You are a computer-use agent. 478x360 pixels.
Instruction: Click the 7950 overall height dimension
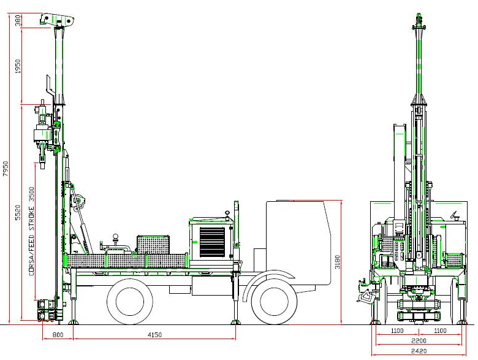pos(6,169)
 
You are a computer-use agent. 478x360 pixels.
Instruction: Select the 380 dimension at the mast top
pos(18,20)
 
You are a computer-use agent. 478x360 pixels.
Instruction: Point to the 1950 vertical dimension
pos(18,66)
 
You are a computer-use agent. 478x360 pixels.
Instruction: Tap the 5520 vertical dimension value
pos(18,212)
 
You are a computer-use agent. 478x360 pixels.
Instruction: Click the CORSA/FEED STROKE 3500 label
pos(31,232)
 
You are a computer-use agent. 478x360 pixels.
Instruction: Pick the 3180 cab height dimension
pos(337,262)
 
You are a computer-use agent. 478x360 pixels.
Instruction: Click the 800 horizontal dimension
pos(58,335)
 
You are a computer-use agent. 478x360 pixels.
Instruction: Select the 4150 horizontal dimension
pos(154,335)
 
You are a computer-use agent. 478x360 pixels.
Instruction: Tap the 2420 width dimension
pos(419,351)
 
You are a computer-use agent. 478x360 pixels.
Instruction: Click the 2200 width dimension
pos(419,341)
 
